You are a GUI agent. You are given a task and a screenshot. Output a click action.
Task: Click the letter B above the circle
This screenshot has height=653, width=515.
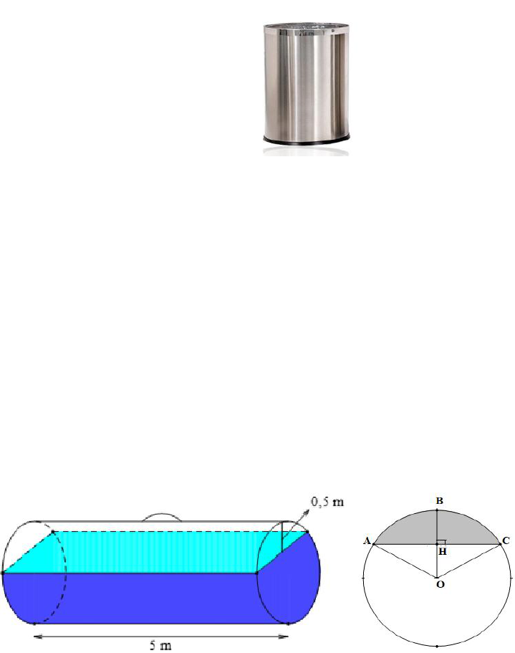click(x=439, y=500)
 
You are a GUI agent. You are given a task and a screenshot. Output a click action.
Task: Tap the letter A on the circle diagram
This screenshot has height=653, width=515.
click(x=367, y=541)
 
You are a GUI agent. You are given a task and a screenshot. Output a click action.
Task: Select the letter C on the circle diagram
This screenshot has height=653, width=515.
click(x=506, y=541)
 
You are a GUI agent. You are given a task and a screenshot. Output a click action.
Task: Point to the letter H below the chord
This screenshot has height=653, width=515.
click(x=442, y=552)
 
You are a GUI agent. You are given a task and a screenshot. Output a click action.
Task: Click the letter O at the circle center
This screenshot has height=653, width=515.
click(x=440, y=584)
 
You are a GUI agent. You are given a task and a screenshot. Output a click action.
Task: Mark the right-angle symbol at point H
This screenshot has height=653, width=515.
click(x=441, y=542)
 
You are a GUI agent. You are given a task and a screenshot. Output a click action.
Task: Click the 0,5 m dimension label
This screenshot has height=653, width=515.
click(x=327, y=502)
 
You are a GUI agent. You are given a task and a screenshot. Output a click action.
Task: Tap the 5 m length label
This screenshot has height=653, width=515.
click(x=160, y=645)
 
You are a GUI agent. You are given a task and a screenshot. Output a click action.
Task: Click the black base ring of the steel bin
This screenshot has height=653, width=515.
click(x=306, y=140)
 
